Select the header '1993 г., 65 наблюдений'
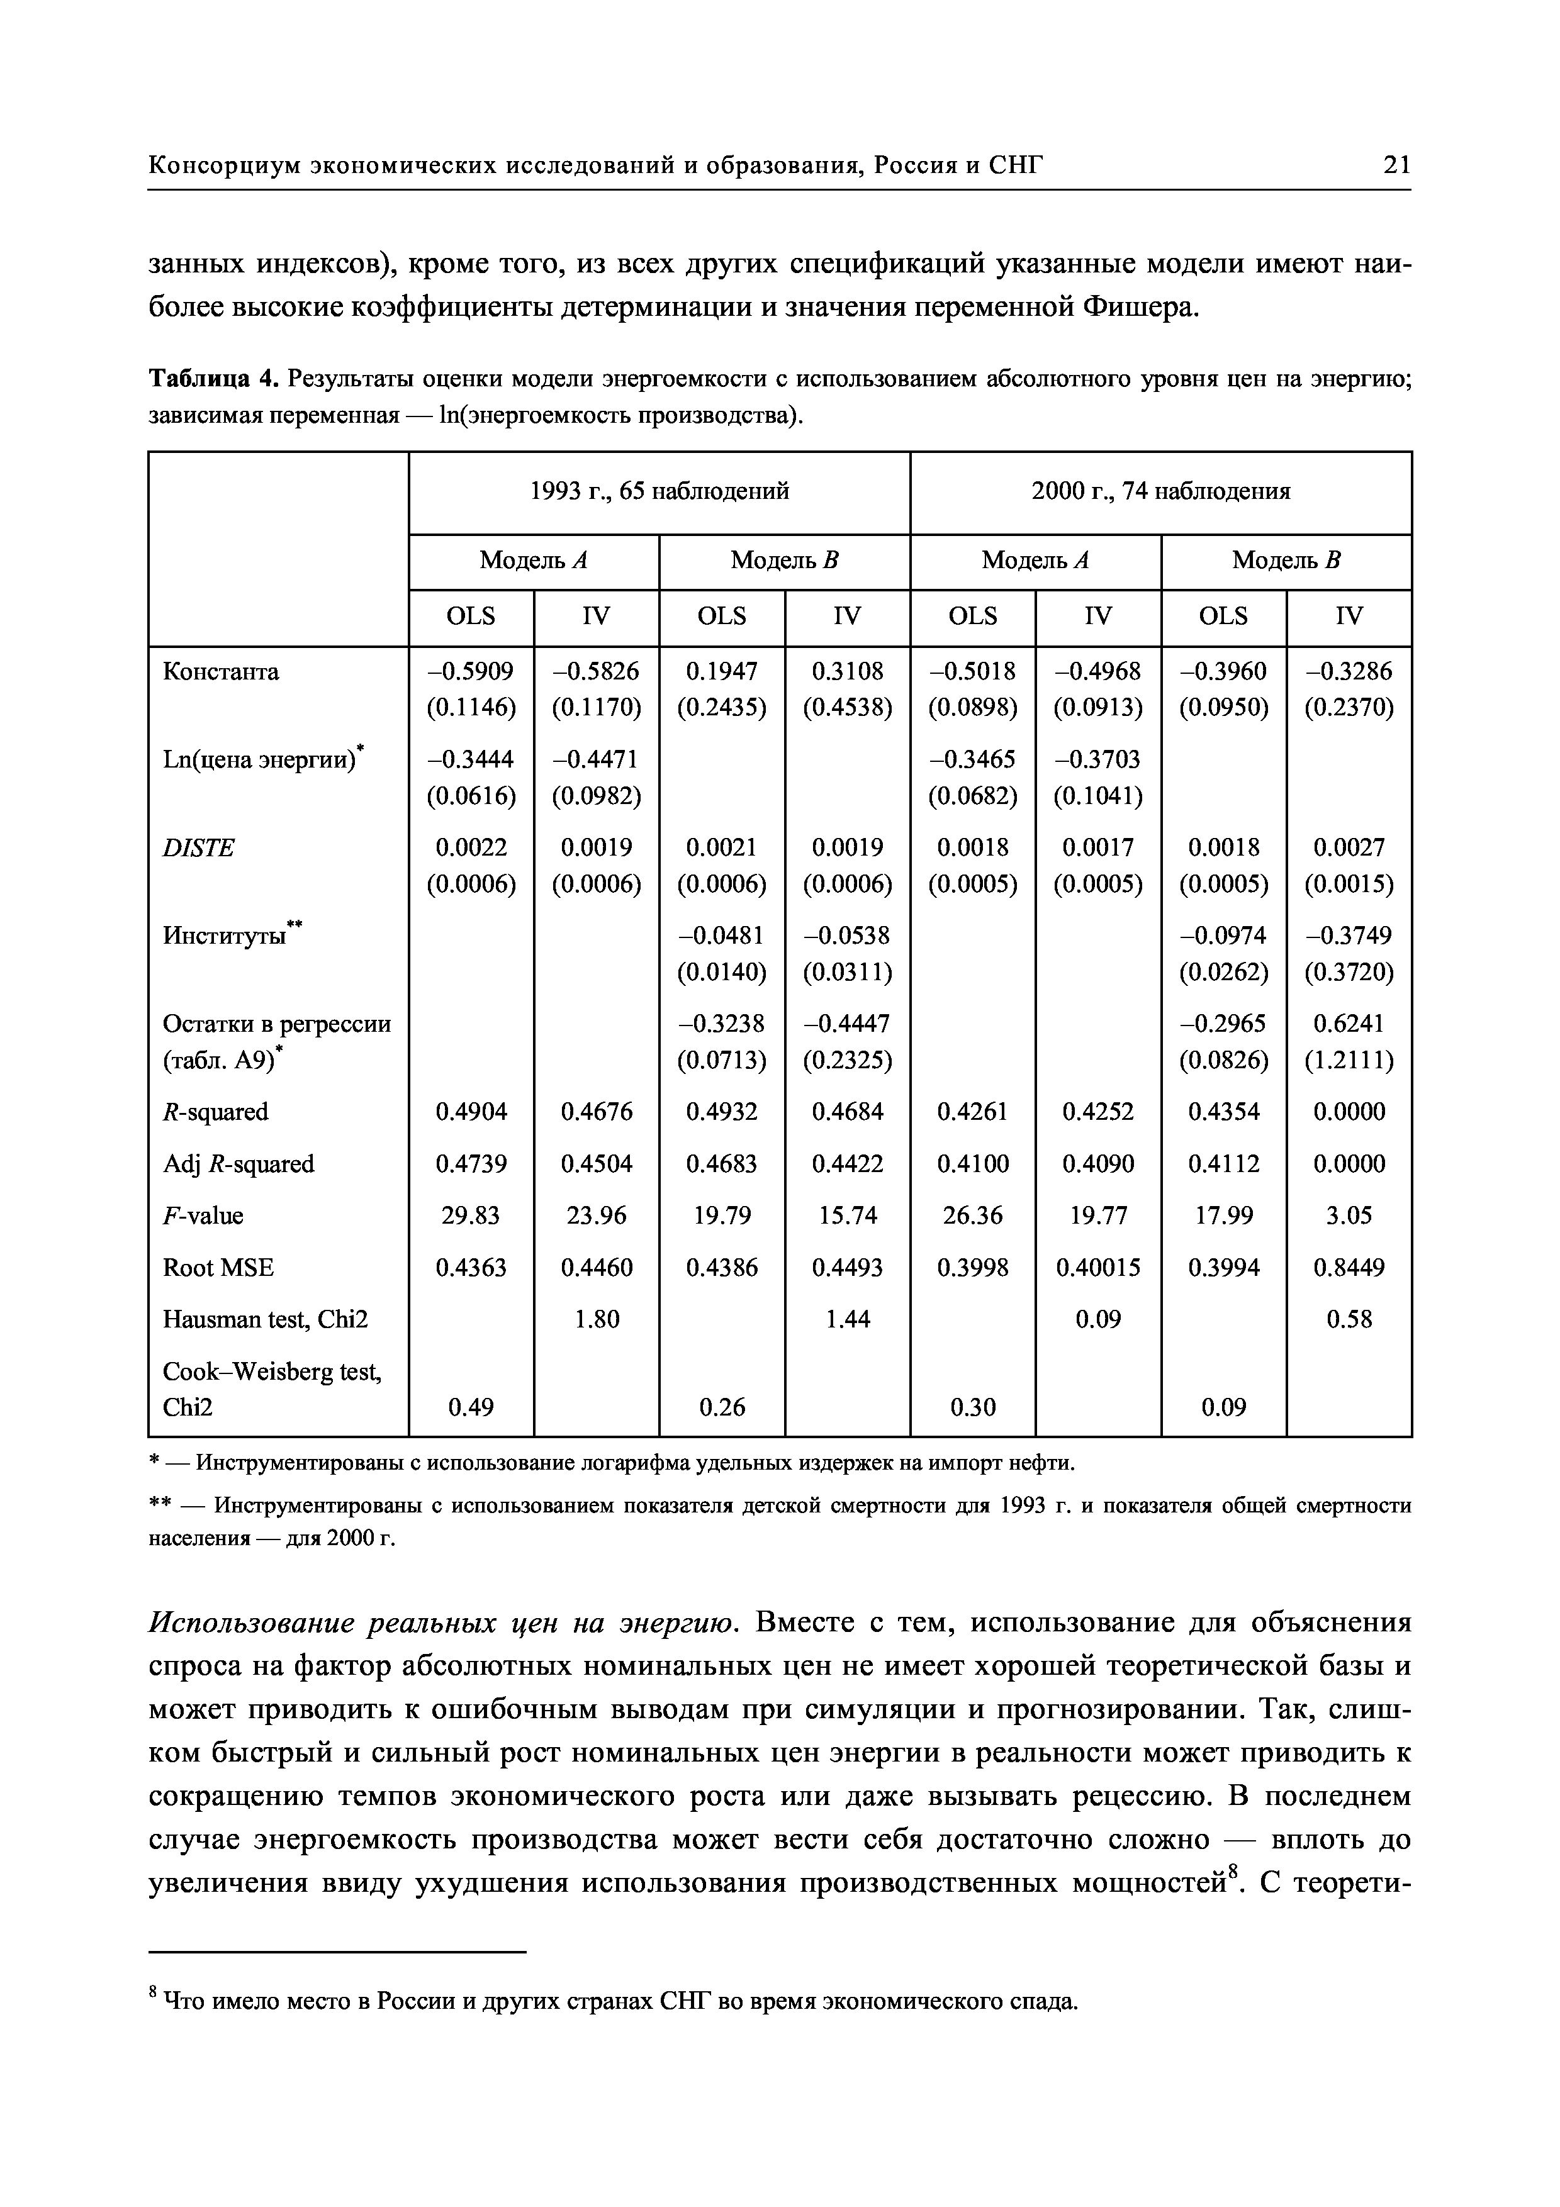[659, 491]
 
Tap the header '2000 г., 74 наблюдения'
[1160, 491]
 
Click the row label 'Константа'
[221, 671]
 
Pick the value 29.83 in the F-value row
[471, 1216]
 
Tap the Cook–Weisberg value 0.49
[471, 1407]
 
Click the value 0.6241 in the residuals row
[1349, 1023]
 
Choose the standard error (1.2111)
[1349, 1059]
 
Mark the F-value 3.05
[1349, 1216]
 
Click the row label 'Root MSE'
[218, 1268]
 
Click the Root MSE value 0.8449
[1349, 1268]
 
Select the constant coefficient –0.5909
[471, 671]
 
